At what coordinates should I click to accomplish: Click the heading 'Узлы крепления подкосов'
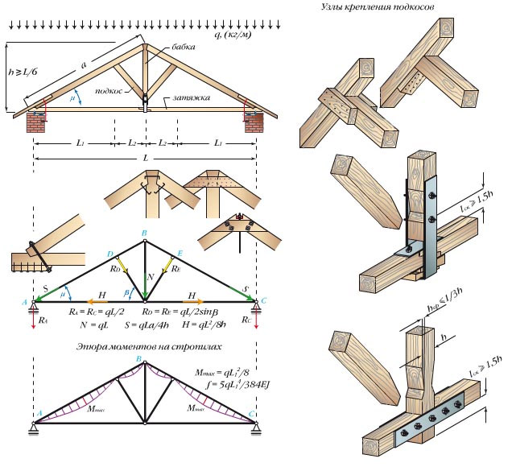[378, 6]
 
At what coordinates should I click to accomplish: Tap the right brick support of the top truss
[252, 123]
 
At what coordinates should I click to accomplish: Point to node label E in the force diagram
[180, 253]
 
